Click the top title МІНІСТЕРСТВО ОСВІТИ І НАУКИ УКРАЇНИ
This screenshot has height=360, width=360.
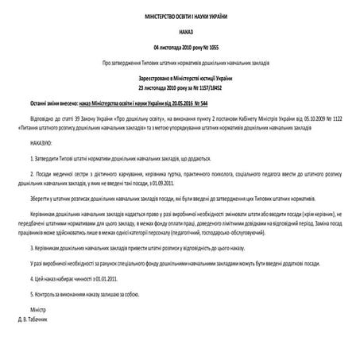pos(180,17)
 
